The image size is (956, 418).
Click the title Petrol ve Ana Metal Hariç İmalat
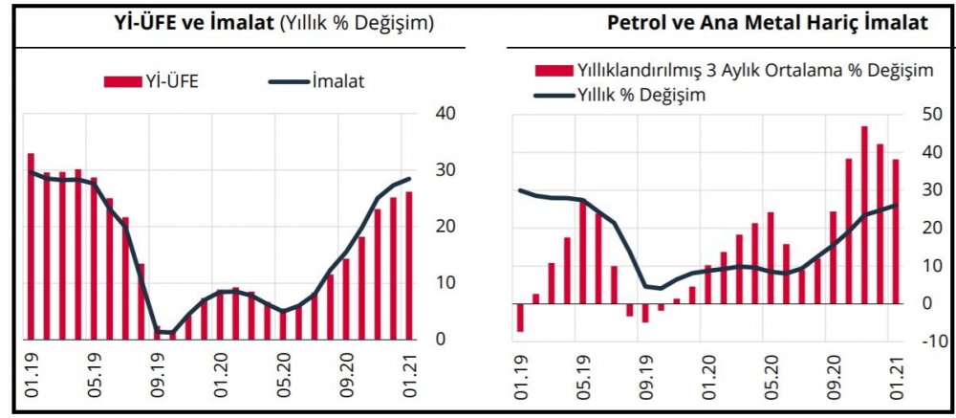click(768, 24)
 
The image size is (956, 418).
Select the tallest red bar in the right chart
click(864, 215)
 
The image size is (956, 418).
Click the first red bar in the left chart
click(31, 246)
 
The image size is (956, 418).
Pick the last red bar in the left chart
click(409, 265)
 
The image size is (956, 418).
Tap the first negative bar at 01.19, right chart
click(521, 318)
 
